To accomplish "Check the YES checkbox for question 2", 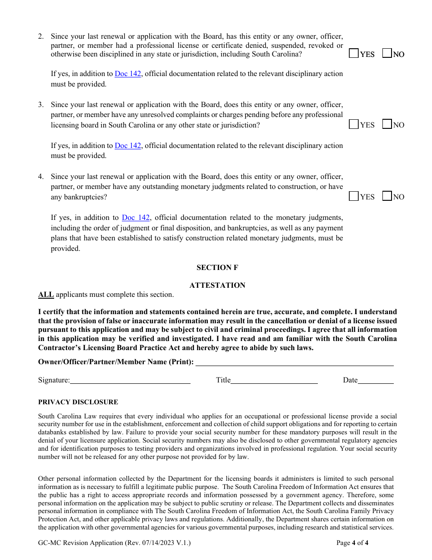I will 353,54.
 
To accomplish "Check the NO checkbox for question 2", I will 387,54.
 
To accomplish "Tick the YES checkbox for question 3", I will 353,124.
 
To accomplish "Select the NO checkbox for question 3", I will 387,124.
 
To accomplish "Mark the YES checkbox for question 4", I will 353,196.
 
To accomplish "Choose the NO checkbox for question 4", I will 387,196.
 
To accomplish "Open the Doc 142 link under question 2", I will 128,74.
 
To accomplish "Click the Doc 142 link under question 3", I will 128,146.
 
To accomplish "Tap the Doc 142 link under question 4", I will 136,218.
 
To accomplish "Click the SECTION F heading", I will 217,268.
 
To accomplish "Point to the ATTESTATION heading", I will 217,285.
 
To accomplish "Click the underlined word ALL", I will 46,295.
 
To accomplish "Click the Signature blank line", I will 130,380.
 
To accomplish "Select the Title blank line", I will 274,380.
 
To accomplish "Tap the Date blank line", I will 376,380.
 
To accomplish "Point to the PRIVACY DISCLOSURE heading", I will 78,402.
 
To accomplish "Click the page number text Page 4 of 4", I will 352,543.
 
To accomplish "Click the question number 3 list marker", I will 41,105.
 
